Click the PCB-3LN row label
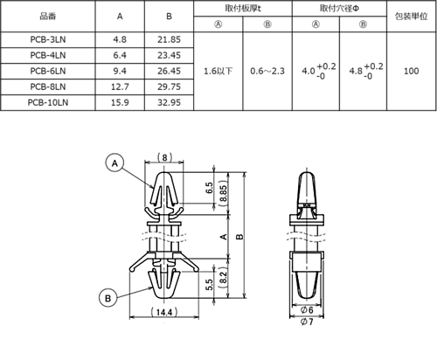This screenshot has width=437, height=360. [48, 39]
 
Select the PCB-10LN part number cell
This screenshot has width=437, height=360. [48, 102]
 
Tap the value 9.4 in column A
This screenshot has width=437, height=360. [120, 71]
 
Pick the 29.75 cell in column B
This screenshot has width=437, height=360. [169, 87]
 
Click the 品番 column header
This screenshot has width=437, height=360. [48, 17]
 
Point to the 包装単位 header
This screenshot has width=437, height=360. [411, 17]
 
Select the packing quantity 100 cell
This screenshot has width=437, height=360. [411, 71]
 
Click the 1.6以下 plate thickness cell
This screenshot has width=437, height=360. [218, 71]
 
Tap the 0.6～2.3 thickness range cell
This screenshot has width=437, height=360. [267, 71]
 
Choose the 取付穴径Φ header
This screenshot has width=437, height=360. [339, 9]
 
